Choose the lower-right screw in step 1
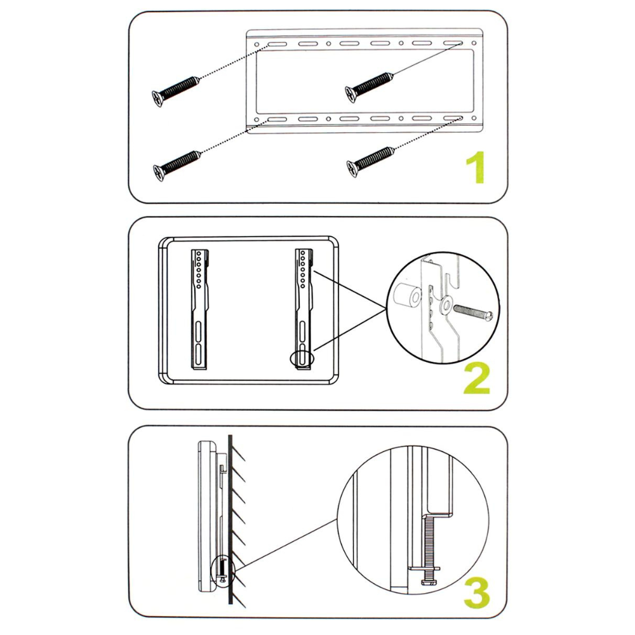tap(370, 159)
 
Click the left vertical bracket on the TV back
tap(201, 308)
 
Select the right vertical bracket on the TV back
tap(305, 308)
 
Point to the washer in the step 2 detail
tap(445, 307)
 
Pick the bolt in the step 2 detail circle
tap(472, 312)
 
